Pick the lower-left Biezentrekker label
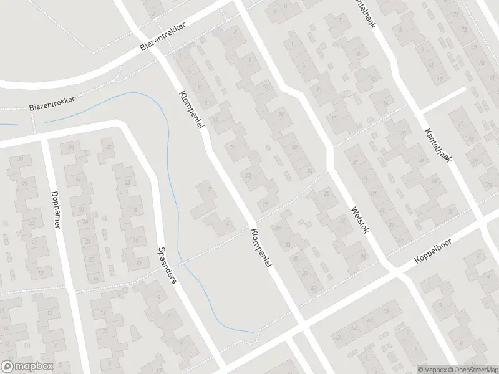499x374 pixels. (x=52, y=103)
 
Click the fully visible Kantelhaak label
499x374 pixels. (x=438, y=146)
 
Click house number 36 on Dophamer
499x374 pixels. (x=71, y=146)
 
